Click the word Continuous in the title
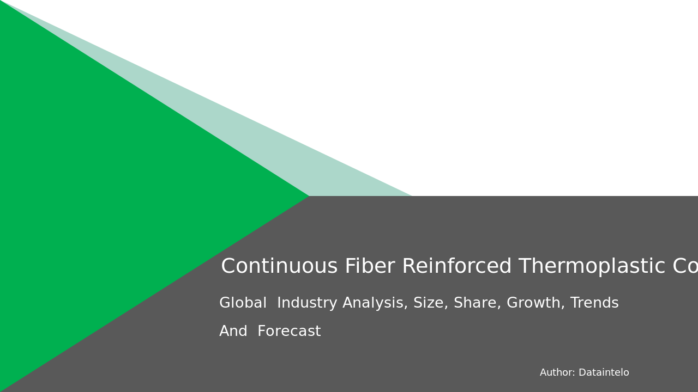click(279, 267)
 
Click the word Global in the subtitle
click(243, 303)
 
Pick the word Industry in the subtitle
click(307, 303)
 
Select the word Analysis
click(375, 303)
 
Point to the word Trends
click(594, 303)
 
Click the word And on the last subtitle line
click(233, 332)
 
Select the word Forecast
click(289, 332)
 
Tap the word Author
click(557, 373)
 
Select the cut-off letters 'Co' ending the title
click(685, 267)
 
